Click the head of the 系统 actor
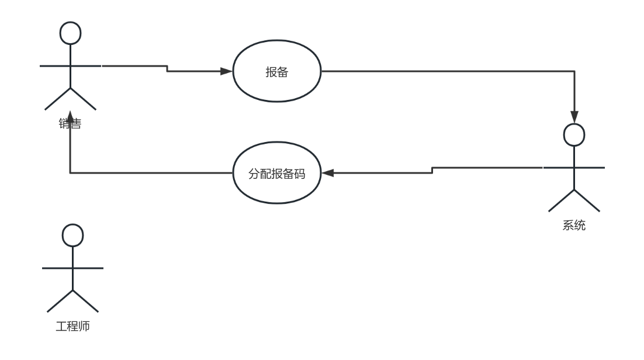click(x=574, y=134)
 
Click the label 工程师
click(x=72, y=326)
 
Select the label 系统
click(x=574, y=226)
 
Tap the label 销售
click(x=70, y=124)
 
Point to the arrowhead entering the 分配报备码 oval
click(x=327, y=173)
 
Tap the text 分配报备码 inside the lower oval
click(x=277, y=174)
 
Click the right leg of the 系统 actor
click(x=587, y=200)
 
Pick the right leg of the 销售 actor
click(x=83, y=99)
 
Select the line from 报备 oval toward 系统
click(x=444, y=72)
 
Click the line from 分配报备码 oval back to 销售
click(x=152, y=173)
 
